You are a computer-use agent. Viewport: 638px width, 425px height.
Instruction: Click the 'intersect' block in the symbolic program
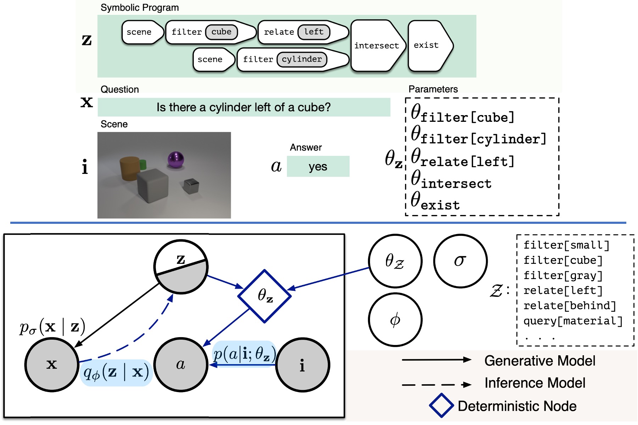[376, 46]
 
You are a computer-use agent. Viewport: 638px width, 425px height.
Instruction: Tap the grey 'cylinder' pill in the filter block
[302, 59]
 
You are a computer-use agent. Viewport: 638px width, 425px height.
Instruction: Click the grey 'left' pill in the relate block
[314, 32]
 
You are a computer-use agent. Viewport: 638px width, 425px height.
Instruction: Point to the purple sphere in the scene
[176, 159]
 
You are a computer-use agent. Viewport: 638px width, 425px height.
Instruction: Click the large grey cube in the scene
[152, 185]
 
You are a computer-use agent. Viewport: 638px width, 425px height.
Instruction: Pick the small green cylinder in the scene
[143, 164]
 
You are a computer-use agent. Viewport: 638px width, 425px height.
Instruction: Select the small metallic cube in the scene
[191, 186]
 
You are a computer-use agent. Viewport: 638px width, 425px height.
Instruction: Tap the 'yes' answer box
[318, 166]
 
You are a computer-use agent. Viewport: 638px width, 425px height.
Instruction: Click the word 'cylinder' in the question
[229, 107]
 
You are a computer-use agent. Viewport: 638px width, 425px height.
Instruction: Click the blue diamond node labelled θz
[264, 296]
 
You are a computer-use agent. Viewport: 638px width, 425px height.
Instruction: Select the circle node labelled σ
[460, 261]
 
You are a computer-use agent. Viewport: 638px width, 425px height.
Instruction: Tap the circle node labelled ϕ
[395, 320]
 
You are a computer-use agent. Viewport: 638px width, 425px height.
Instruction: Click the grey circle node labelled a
[180, 364]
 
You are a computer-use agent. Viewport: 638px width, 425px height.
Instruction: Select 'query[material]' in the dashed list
[573, 321]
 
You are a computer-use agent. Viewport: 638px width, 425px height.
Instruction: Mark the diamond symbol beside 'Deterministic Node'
[441, 405]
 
